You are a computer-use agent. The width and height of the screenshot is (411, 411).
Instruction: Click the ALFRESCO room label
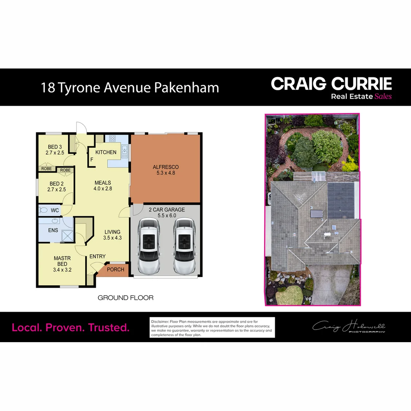click(166, 167)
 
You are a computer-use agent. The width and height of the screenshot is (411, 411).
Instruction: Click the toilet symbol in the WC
click(43, 210)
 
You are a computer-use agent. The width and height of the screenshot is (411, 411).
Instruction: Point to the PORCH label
click(115, 269)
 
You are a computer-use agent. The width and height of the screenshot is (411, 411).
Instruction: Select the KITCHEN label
click(106, 152)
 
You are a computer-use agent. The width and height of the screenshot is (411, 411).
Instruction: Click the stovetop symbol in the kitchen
click(113, 139)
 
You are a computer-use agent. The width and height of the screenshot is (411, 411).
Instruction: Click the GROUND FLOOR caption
click(126, 298)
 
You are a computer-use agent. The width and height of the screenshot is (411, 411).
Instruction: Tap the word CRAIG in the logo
click(299, 84)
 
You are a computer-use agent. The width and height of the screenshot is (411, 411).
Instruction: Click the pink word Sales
click(383, 96)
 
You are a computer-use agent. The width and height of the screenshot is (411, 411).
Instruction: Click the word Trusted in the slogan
click(109, 327)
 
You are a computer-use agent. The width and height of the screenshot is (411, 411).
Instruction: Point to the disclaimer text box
click(212, 327)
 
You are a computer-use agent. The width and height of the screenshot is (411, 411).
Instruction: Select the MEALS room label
click(103, 183)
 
